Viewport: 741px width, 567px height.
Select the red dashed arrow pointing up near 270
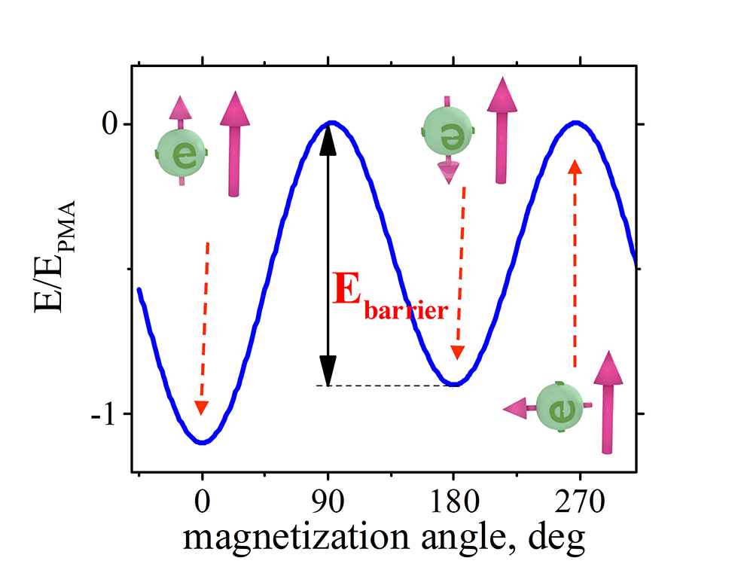(575, 264)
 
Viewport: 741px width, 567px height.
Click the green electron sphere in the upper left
(181, 153)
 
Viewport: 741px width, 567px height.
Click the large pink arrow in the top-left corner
(235, 143)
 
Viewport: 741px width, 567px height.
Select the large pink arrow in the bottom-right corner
(606, 403)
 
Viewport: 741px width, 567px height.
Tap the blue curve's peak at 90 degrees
(329, 123)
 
